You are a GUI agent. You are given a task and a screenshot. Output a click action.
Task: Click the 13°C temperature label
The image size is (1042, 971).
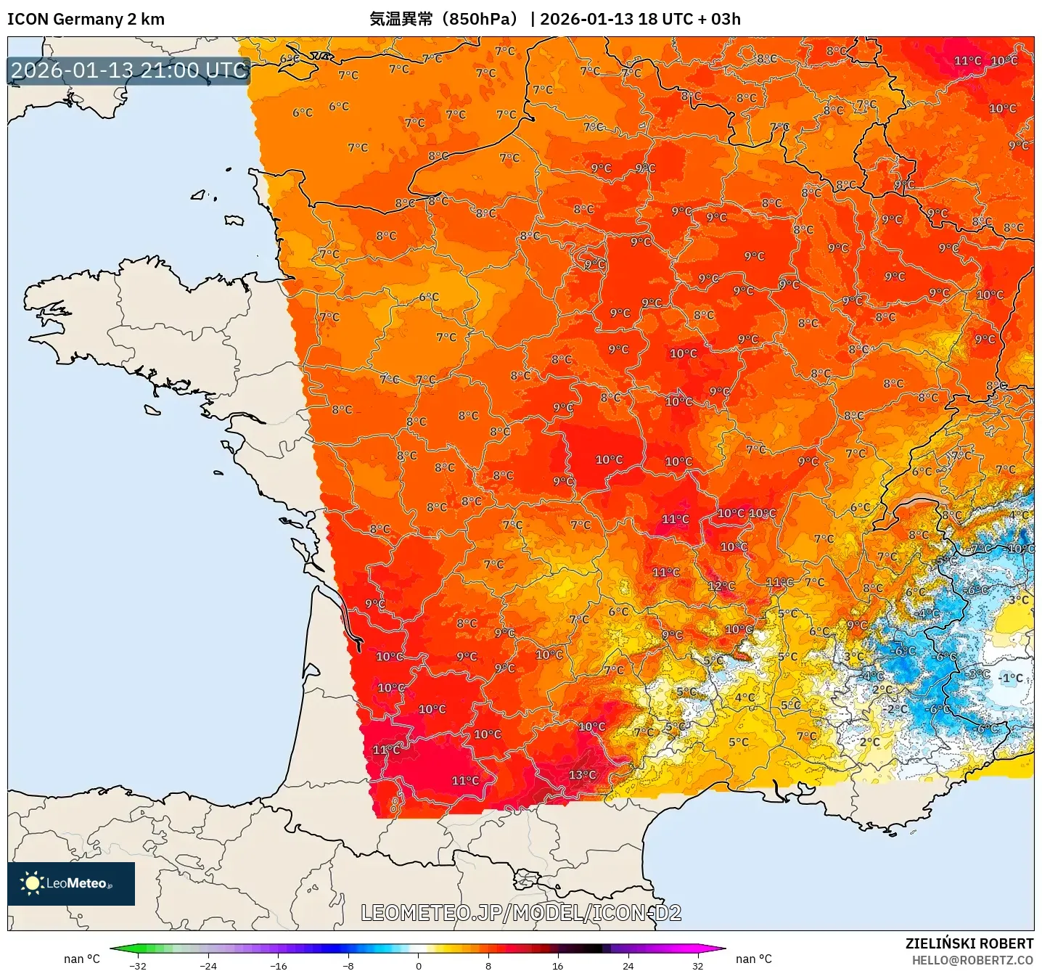click(x=582, y=775)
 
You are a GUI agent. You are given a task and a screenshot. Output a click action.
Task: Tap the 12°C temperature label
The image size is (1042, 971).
click(x=721, y=586)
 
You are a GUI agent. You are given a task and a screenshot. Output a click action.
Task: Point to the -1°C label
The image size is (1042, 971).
click(x=1011, y=679)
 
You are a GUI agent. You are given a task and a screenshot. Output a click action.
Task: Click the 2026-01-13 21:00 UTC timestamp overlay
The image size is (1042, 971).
click(x=129, y=70)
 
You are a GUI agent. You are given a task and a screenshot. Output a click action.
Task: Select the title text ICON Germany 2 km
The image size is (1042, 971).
click(x=86, y=19)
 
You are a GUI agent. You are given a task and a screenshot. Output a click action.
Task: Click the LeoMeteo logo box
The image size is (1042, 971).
click(x=71, y=883)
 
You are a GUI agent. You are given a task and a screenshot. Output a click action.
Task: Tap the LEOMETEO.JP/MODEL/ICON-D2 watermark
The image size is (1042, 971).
click(x=521, y=913)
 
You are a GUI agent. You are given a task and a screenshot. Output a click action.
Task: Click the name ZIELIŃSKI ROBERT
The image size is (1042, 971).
click(x=969, y=943)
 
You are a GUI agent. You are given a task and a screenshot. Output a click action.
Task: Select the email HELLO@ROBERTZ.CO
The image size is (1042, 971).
click(x=972, y=960)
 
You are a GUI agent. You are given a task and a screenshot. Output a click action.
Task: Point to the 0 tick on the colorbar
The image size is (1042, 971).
click(x=419, y=965)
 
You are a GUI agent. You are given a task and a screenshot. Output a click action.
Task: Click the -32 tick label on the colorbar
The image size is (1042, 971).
click(x=138, y=965)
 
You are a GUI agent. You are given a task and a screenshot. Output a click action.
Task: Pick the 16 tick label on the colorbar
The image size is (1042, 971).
click(x=557, y=965)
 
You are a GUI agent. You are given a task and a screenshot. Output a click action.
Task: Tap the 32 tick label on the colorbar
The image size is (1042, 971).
click(x=697, y=965)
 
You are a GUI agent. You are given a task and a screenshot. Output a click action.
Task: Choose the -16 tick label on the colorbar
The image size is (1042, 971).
click(x=278, y=965)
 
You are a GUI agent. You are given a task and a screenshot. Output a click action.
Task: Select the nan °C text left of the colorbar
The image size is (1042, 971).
click(x=81, y=959)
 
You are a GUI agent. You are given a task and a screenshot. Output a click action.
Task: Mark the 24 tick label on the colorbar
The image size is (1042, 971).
click(x=628, y=965)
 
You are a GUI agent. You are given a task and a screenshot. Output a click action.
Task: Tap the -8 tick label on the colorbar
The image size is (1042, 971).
click(x=348, y=965)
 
